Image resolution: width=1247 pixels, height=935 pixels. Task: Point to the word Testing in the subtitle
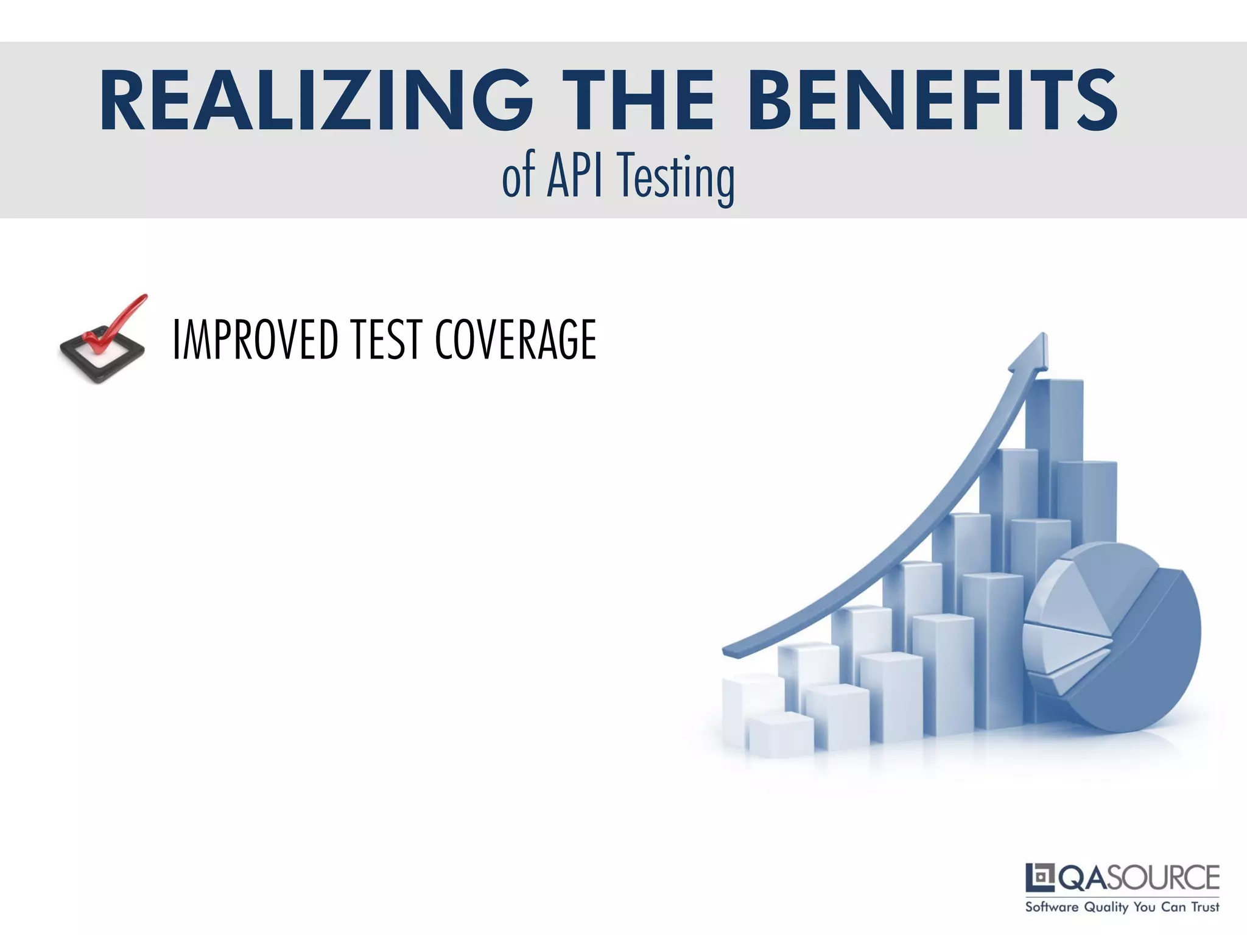676,178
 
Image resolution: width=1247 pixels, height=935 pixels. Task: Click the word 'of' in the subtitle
518,177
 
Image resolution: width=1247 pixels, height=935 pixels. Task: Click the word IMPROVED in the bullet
255,340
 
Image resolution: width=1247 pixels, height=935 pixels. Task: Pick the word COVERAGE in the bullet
515,340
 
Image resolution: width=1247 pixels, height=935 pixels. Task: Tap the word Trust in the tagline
1205,907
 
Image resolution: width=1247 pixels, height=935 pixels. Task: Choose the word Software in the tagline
1052,907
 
